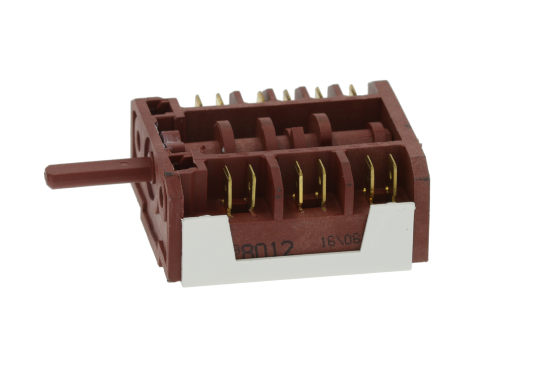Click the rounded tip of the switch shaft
(x=49, y=176)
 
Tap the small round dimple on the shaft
(x=123, y=165)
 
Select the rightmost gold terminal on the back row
(x=352, y=90)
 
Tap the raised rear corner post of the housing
(x=381, y=89)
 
